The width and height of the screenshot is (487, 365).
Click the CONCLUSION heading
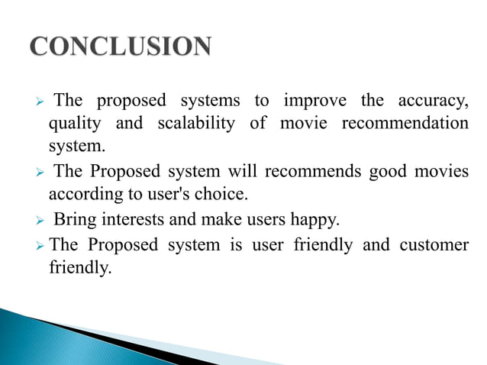121,47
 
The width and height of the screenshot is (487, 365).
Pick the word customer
434,245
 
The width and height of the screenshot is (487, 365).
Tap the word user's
172,194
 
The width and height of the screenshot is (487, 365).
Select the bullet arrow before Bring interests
43,221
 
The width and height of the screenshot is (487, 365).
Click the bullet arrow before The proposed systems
43,102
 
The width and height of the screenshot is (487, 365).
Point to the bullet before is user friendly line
41,246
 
